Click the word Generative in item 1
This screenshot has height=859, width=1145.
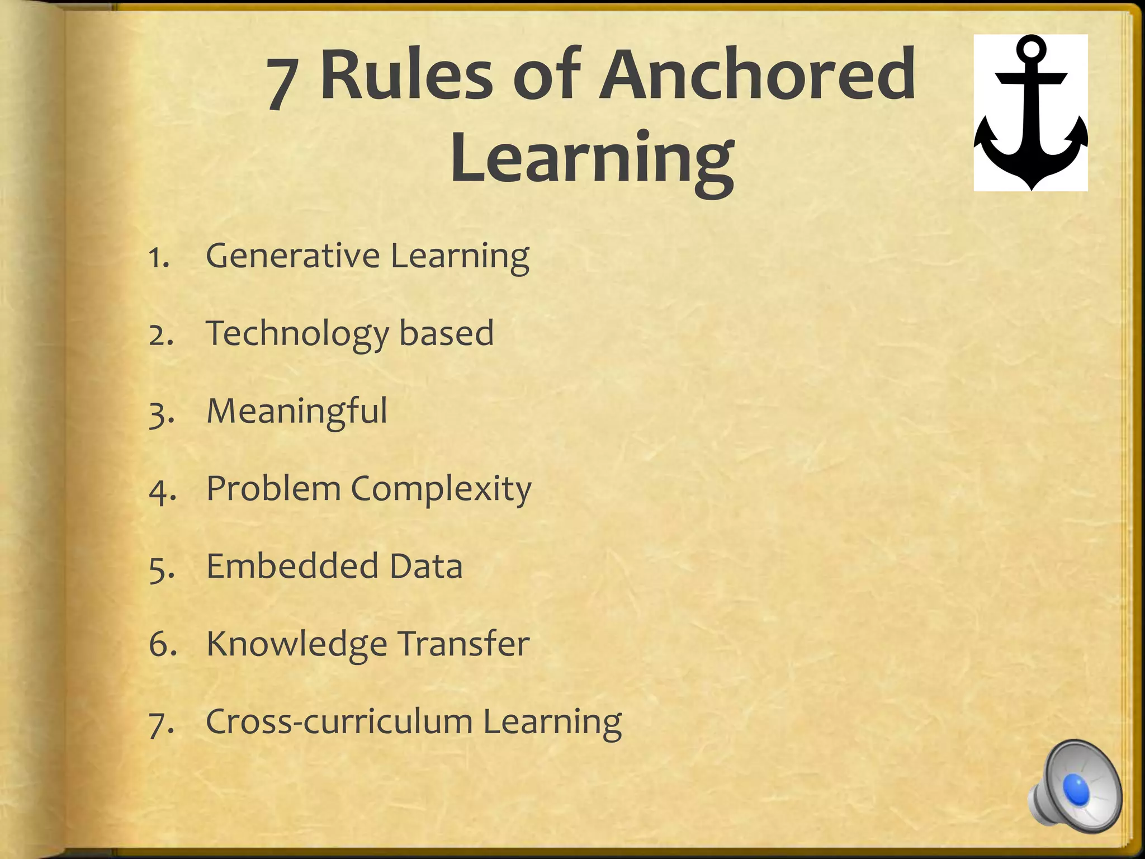(x=293, y=256)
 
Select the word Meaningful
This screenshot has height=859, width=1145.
(x=296, y=412)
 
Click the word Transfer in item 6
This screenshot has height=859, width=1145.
(x=463, y=644)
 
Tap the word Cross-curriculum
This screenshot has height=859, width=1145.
(x=339, y=721)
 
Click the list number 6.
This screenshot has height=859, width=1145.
(x=163, y=644)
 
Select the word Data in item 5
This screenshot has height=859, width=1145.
(x=426, y=566)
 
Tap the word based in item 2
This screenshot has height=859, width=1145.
(x=446, y=333)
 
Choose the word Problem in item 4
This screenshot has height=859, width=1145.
(x=273, y=489)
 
